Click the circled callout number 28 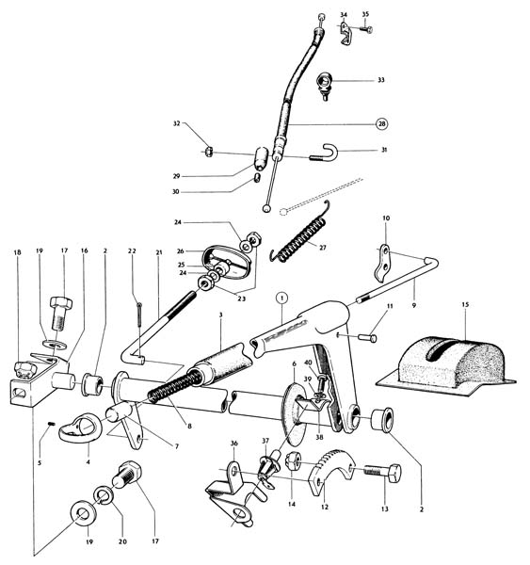(381, 124)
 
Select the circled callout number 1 (282, 298)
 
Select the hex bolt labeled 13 (382, 471)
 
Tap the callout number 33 (381, 80)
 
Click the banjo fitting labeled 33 (324, 85)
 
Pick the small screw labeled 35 (366, 29)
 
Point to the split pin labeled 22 (139, 315)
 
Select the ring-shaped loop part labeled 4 (81, 428)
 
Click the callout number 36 (234, 444)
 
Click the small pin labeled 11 (367, 338)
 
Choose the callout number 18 (17, 252)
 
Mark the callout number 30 (175, 192)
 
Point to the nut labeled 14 (292, 461)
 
